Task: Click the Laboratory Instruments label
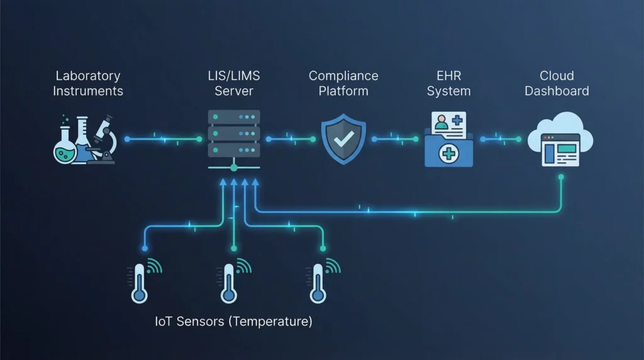point(88,83)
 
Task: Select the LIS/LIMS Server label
point(233,83)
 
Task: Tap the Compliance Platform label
point(343,83)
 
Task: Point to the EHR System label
point(448,83)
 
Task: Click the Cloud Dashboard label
point(557,83)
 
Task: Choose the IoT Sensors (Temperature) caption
point(233,322)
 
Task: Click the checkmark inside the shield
point(343,139)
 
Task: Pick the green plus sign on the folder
point(448,153)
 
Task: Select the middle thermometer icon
point(228,282)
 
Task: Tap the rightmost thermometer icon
point(317,282)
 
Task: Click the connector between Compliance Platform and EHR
point(396,138)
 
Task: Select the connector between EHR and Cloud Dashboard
point(501,138)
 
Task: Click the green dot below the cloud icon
point(560,177)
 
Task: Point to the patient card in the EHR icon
point(448,123)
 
